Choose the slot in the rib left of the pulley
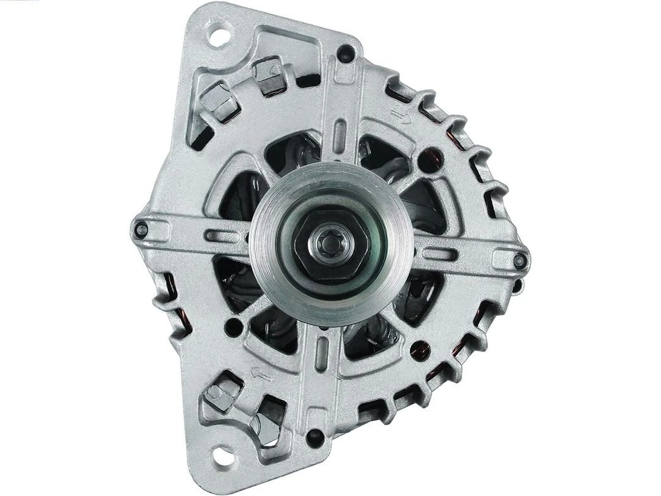pyautogui.click(x=219, y=235)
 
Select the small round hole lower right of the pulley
pyautogui.click(x=418, y=350)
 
